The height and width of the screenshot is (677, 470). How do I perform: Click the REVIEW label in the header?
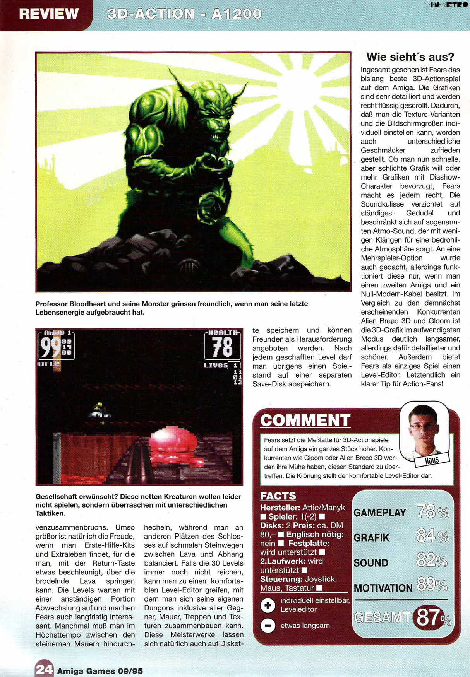(x=49, y=14)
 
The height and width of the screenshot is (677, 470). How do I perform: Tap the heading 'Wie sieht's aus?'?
(x=410, y=57)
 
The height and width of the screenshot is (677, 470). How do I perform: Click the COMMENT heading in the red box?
(x=305, y=420)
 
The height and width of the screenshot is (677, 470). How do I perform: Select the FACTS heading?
(x=278, y=496)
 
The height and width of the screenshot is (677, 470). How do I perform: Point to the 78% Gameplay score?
(x=432, y=512)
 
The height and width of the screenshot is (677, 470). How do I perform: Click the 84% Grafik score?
(x=432, y=537)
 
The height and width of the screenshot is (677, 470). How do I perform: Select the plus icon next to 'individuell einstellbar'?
(x=268, y=605)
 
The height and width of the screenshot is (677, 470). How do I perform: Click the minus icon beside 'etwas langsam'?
(x=268, y=626)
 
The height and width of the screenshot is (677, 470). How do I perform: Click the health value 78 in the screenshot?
(x=222, y=347)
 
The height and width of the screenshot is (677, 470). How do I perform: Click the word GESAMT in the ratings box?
(x=382, y=618)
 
